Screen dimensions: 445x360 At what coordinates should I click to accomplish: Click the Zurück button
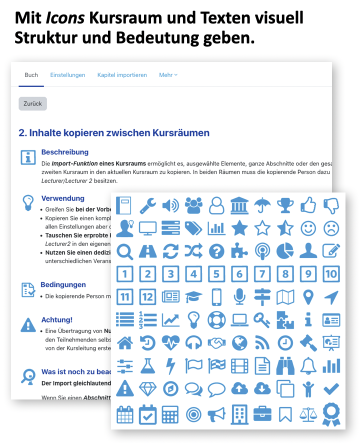32,103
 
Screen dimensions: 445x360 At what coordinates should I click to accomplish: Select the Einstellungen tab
67,75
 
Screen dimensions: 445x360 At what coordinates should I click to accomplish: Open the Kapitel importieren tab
122,75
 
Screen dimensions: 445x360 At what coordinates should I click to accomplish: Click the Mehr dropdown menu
168,75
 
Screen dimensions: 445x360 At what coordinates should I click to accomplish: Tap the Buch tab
31,75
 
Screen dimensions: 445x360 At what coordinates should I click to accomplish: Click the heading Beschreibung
64,152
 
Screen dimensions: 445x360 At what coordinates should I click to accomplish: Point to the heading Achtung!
56,319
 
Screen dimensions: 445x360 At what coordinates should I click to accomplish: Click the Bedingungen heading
63,284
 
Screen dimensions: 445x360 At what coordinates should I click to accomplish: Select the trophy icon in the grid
285,205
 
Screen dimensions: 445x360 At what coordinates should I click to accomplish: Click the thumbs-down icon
331,205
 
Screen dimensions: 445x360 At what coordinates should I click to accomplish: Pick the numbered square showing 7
262,273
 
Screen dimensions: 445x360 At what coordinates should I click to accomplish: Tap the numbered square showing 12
147,296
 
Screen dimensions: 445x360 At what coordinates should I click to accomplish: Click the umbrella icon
262,205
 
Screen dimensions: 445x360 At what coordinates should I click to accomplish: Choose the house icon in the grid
124,342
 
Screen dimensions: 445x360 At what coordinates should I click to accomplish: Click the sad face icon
331,228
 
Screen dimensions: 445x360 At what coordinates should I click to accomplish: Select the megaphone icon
216,413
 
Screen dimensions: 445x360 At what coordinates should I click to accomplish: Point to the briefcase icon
262,413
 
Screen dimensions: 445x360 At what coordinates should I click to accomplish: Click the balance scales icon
308,414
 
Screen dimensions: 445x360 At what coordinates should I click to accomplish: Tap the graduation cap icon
193,297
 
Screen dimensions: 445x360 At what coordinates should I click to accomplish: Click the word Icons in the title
64,18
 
